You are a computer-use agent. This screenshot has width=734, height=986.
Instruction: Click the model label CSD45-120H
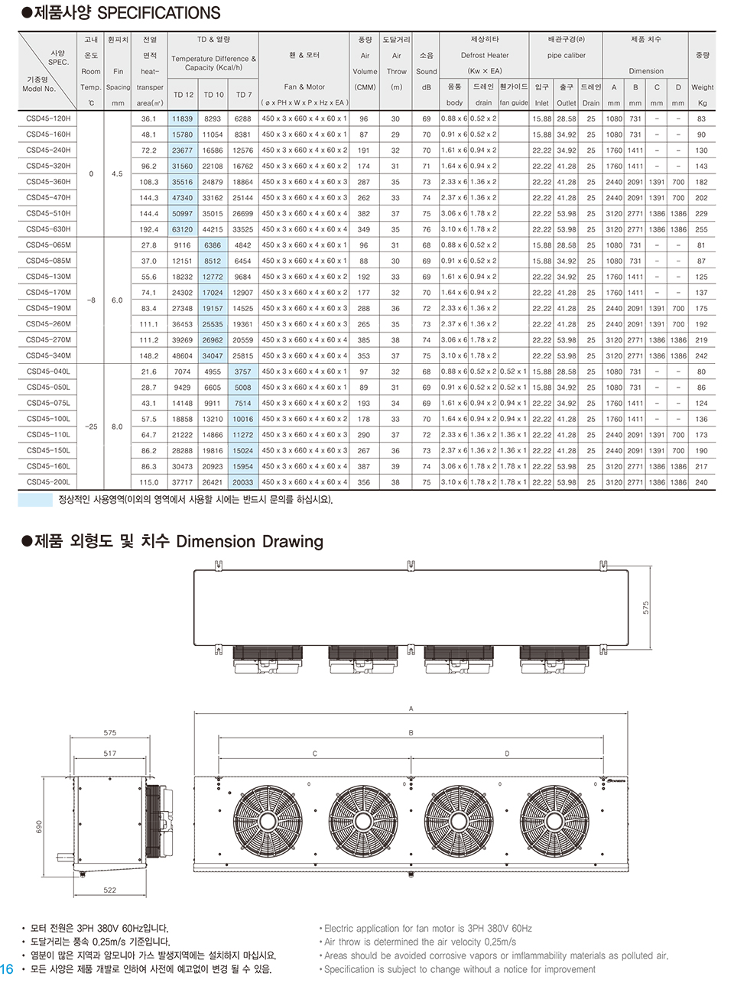[48, 118]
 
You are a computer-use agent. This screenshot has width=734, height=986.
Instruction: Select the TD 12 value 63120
[183, 229]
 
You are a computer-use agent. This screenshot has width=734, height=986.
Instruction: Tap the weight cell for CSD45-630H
[701, 229]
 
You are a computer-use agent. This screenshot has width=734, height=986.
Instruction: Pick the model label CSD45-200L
[48, 482]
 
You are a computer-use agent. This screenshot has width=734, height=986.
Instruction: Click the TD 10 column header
[213, 95]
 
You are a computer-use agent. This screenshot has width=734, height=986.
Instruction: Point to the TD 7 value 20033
[243, 482]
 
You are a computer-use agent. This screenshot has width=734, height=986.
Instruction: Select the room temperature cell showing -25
[91, 427]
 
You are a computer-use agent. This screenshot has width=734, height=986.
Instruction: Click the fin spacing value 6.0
[117, 300]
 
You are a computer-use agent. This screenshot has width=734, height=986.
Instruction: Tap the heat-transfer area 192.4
[149, 229]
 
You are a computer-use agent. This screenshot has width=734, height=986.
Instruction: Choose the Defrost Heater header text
[485, 56]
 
